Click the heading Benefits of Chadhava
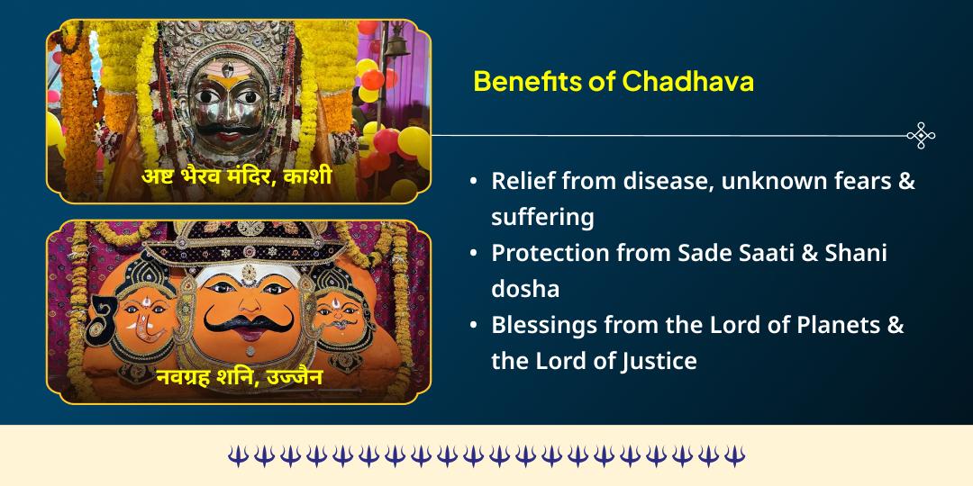tap(614, 82)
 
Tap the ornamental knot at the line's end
tap(921, 136)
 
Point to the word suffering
tap(542, 218)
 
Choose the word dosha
tap(525, 290)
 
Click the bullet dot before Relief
tap(474, 182)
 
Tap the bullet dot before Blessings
tap(474, 326)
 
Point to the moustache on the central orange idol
tap(235, 320)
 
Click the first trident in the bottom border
tap(237, 456)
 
